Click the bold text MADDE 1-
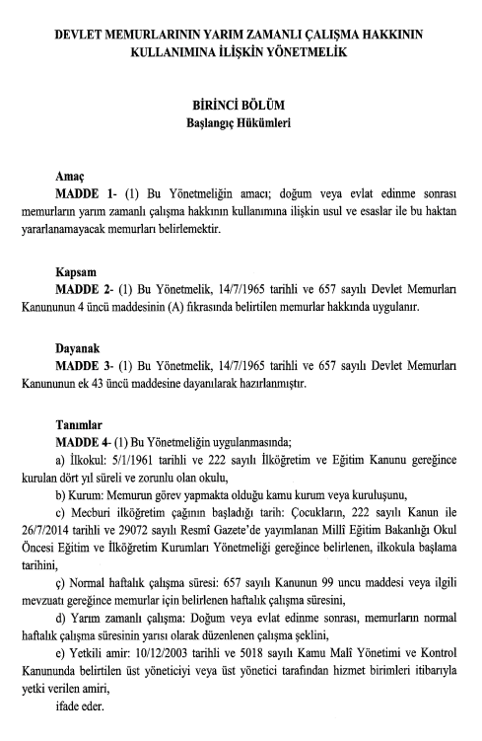[90, 186]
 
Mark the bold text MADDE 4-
[89, 441]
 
